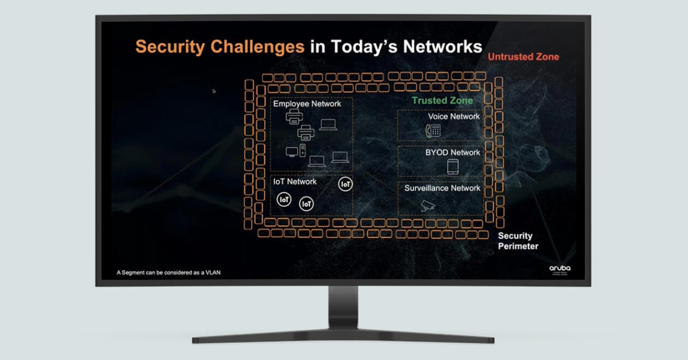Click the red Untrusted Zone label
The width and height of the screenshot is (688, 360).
click(523, 57)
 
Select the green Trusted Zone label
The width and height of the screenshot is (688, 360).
click(442, 100)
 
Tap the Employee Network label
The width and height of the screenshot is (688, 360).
click(307, 104)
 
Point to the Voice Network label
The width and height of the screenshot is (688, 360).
click(454, 116)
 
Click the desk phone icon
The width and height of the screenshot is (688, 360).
click(432, 131)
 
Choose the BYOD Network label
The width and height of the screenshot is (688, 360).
click(452, 152)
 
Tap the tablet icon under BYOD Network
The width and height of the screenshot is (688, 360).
click(453, 167)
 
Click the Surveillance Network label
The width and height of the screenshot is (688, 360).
click(442, 188)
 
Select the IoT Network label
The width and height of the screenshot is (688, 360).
click(295, 182)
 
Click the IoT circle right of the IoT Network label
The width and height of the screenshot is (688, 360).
click(346, 184)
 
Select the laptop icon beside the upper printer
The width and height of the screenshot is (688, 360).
click(328, 124)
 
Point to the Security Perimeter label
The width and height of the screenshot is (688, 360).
click(518, 241)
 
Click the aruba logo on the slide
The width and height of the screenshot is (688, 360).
click(560, 268)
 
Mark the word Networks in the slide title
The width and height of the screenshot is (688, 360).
click(442, 46)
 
